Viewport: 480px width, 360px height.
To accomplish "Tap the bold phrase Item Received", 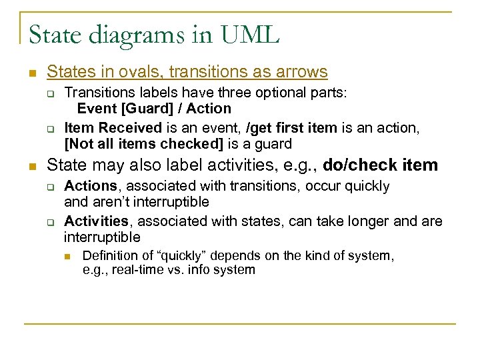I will click(113, 127).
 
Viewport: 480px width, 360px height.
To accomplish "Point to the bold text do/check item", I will click(380, 165).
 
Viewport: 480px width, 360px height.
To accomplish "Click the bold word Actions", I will click(90, 186).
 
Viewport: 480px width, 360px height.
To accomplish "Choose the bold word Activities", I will click(96, 221).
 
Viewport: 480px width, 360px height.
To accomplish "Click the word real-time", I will click(139, 270).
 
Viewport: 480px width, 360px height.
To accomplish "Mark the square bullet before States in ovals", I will click(31, 72).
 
